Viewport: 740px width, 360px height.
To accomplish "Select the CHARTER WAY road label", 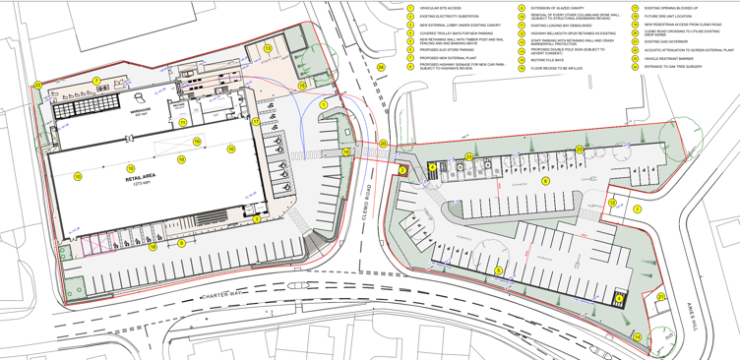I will (x=225, y=295).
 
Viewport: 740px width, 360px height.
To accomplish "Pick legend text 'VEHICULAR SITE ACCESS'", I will (x=440, y=8).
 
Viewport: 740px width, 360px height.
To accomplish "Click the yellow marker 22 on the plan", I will (x=37, y=86).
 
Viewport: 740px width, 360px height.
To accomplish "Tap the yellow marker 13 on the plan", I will (x=268, y=48).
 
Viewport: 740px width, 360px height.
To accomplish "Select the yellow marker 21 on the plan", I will (x=660, y=296).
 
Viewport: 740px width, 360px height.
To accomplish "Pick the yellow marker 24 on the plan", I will (x=380, y=68).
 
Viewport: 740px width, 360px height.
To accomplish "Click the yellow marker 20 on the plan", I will (x=383, y=144).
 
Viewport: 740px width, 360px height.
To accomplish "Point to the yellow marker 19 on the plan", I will (x=346, y=152).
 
